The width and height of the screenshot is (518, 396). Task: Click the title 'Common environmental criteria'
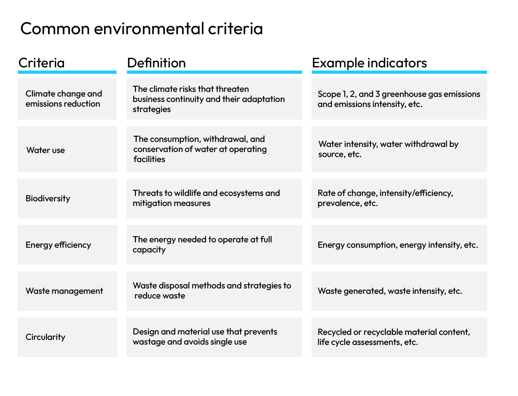click(141, 29)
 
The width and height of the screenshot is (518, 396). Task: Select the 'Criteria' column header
click(41, 63)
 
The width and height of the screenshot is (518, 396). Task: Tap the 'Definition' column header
click(156, 63)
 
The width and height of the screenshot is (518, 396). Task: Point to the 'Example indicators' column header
click(369, 63)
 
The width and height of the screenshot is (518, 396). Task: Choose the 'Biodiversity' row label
click(48, 198)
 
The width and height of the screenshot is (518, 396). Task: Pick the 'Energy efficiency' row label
click(58, 245)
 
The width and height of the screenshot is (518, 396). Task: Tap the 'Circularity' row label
click(45, 337)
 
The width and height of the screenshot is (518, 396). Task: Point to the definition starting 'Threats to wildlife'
click(206, 198)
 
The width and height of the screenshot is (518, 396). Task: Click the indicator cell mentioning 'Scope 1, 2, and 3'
click(399, 99)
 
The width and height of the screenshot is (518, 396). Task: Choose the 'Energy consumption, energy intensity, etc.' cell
click(398, 245)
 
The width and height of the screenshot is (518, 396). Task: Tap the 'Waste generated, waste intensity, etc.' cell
click(390, 291)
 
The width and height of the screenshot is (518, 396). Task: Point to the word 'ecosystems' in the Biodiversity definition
click(241, 193)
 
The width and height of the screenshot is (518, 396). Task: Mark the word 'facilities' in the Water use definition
click(149, 159)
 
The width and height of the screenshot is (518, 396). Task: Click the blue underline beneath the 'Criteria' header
click(67, 72)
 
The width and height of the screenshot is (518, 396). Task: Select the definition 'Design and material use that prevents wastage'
click(205, 337)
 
